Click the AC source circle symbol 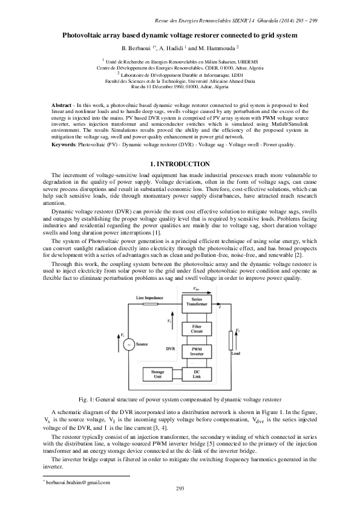pos(129,344)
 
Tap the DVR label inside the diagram pos(170,348)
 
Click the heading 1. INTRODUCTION pos(180,164)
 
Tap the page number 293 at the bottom pos(180,488)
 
